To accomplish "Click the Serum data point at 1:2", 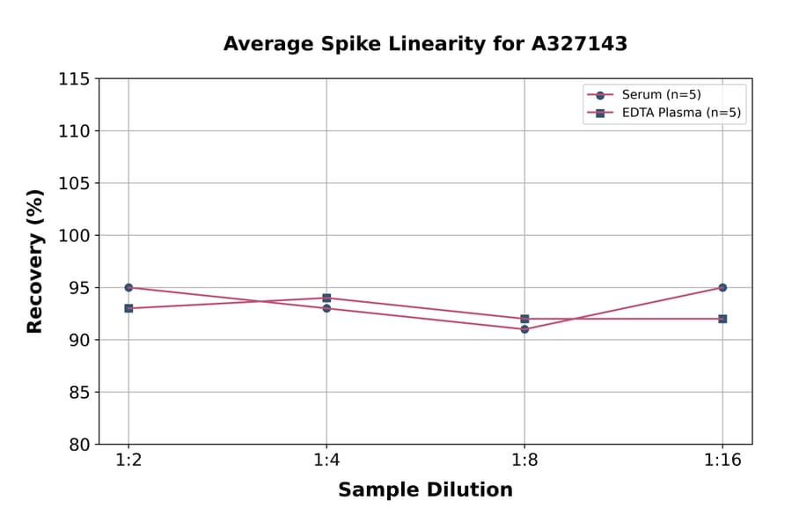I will pyautogui.click(x=128, y=287).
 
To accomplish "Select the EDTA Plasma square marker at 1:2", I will pyautogui.click(x=128, y=308).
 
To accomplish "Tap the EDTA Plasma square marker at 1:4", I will pyautogui.click(x=326, y=298).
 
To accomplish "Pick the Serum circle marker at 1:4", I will pyautogui.click(x=326, y=308).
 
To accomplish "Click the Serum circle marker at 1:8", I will pyautogui.click(x=524, y=329).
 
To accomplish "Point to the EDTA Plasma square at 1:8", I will pyautogui.click(x=524, y=319).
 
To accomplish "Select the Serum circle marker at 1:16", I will pyautogui.click(x=722, y=287).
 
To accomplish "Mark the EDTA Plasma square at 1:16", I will pyautogui.click(x=722, y=319).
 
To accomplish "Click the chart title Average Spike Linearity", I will pyautogui.click(x=425, y=44).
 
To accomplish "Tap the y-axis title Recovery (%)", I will pyautogui.click(x=35, y=261).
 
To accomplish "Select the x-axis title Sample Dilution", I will pyautogui.click(x=425, y=490).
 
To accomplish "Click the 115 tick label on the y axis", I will pyautogui.click(x=74, y=78).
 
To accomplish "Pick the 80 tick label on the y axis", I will pyautogui.click(x=79, y=444).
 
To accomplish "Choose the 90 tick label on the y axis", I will pyautogui.click(x=79, y=340).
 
